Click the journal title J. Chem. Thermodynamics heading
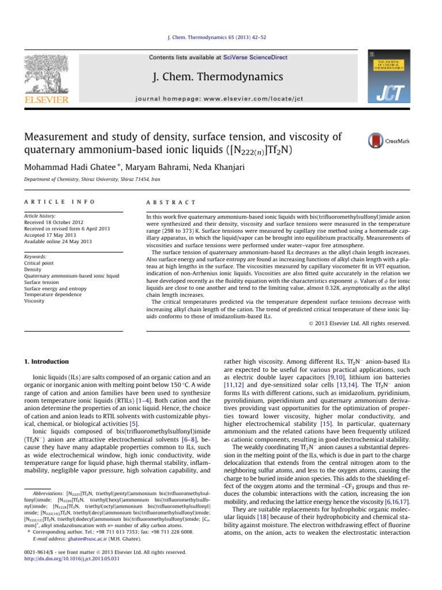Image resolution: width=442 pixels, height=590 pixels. (x=218, y=77)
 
